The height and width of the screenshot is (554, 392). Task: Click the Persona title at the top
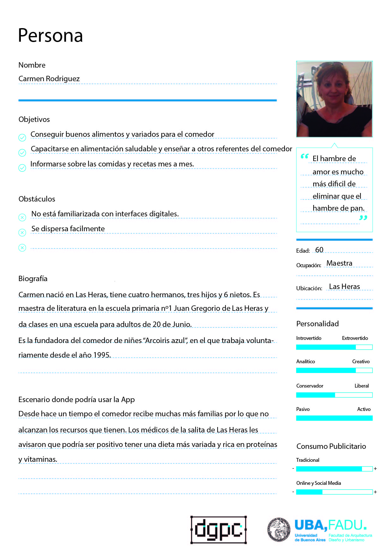(50, 35)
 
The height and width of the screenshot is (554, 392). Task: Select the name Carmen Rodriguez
(49, 79)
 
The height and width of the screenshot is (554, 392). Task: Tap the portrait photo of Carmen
(334, 99)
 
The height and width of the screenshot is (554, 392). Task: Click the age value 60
(319, 250)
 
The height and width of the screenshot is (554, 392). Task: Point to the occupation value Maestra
(339, 263)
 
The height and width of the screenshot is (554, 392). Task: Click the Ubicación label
(309, 288)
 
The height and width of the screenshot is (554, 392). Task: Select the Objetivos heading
(34, 119)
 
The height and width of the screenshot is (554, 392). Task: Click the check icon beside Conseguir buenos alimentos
(22, 137)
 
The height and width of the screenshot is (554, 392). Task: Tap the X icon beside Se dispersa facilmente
(22, 232)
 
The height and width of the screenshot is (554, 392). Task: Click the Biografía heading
(33, 279)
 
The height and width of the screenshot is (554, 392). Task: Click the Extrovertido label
(355, 338)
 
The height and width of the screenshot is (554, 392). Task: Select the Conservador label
(310, 386)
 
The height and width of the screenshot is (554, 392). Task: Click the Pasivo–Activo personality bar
(334, 418)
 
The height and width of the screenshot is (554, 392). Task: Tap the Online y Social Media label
(318, 483)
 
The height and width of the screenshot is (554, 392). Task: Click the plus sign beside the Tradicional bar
(375, 469)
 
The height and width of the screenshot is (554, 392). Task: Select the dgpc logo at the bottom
(218, 530)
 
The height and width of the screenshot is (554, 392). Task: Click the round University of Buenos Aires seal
(279, 530)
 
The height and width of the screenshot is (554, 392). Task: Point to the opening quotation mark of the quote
(305, 156)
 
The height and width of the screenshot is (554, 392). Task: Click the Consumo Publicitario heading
(331, 446)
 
